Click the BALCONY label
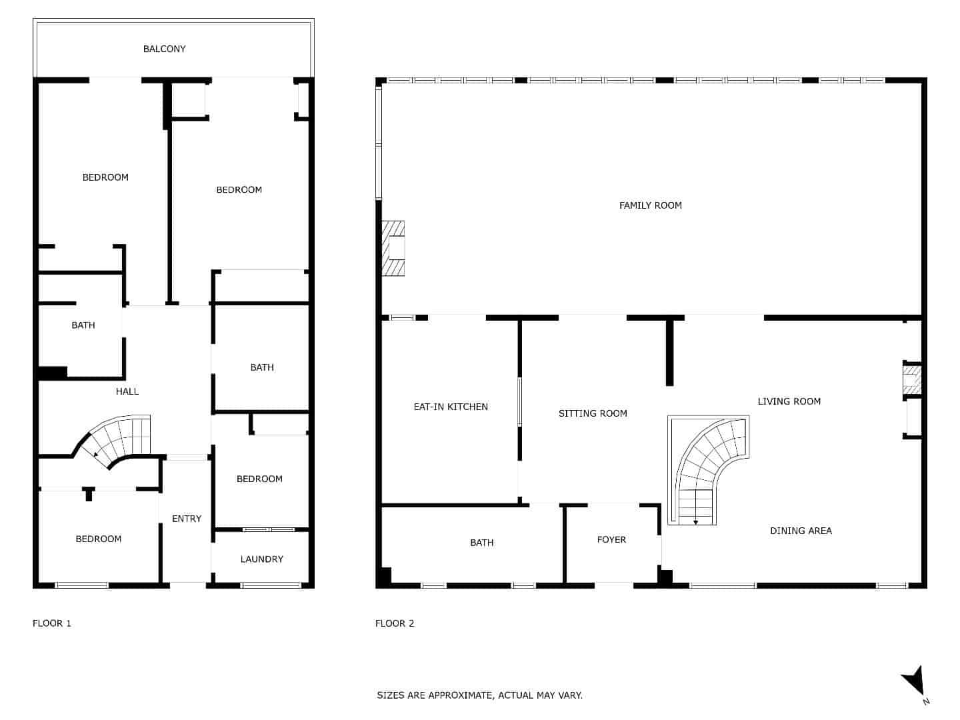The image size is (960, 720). coord(164,49)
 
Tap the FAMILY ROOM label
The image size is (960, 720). coord(650,205)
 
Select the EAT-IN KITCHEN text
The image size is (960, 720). coord(451,407)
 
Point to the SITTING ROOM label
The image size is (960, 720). coord(593,413)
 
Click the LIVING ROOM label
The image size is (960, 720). coord(789,401)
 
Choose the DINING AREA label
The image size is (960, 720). coord(801,531)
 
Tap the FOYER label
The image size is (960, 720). coord(611,539)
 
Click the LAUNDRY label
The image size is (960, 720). coord(261,559)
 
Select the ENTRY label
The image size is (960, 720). coord(186,519)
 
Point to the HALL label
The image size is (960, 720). coord(127,391)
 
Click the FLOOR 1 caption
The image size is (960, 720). coord(52,623)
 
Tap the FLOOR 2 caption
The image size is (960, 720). coord(395,623)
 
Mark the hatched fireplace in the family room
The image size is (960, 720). coord(393,248)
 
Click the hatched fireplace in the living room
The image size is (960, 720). coord(911,379)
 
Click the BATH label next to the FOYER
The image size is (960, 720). coord(481,543)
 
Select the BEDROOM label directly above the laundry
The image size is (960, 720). coord(259,479)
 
